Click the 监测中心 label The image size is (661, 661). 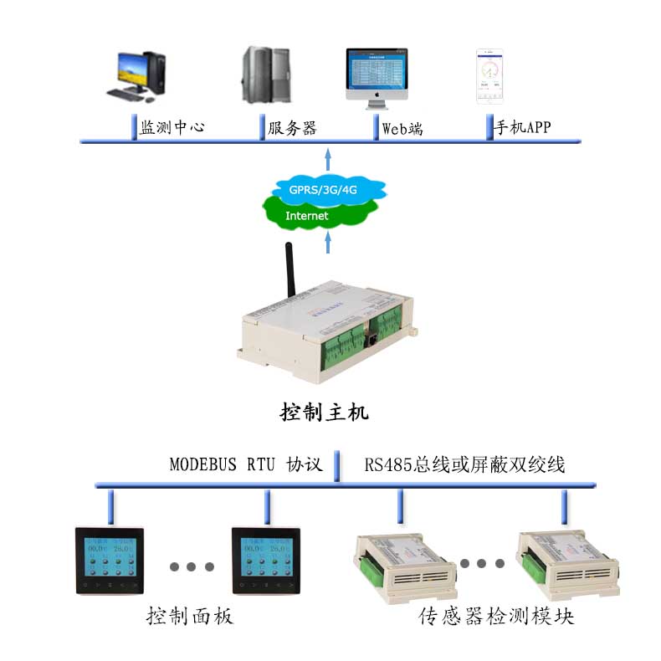(172, 128)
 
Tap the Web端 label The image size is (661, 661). (402, 128)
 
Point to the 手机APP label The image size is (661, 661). (525, 128)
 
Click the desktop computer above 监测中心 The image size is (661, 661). (139, 75)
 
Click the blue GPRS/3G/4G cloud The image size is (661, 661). (324, 189)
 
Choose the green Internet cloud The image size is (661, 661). (308, 216)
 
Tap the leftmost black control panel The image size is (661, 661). (109, 561)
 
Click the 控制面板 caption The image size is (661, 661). (189, 617)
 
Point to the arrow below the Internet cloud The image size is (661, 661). (328, 242)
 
